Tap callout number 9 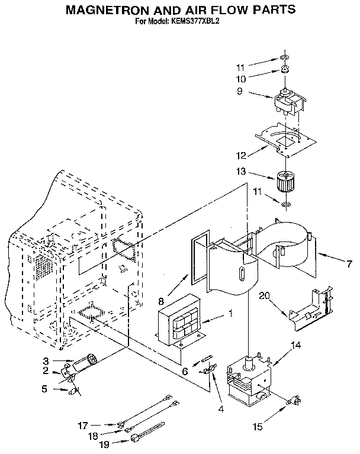pos(240,92)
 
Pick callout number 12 pos(240,156)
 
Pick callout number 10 pos(240,78)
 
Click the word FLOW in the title pos(230,10)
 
